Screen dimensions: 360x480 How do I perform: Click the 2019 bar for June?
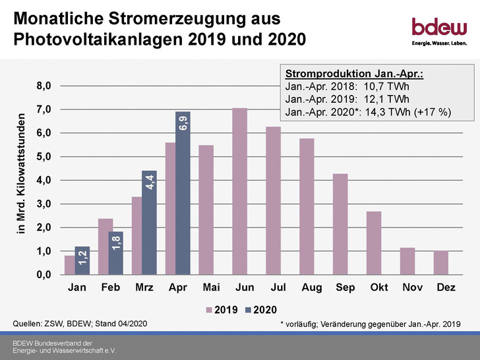239,191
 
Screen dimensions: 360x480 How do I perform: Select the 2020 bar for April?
183,193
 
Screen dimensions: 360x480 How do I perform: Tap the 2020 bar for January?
82,260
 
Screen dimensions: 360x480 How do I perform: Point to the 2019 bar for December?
441,262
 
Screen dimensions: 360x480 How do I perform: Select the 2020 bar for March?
149,222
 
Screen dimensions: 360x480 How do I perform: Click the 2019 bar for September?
340,224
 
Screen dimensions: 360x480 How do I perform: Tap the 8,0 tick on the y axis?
44,86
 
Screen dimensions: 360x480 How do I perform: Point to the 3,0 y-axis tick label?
44,204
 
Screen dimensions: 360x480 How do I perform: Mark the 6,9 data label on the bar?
183,123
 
